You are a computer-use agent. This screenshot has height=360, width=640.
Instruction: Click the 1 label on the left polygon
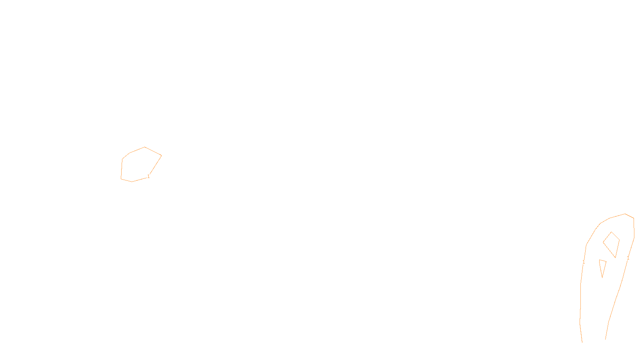click(148, 176)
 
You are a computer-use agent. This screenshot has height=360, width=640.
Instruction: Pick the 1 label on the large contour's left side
click(584, 262)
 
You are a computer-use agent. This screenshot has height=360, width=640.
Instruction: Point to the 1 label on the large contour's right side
click(628, 258)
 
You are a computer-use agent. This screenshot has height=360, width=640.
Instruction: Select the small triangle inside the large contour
click(602, 266)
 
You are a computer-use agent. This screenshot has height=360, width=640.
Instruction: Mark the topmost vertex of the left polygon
click(145, 147)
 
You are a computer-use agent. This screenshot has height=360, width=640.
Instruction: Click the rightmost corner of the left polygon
click(161, 155)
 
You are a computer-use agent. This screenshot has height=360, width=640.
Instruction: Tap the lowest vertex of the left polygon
click(132, 182)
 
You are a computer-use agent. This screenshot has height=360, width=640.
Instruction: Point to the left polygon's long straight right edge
click(155, 165)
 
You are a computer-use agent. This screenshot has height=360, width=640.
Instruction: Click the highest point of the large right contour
click(625, 214)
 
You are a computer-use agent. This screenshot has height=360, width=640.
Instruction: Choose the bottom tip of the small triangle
click(602, 277)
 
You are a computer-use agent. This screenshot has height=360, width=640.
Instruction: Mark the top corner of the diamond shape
click(612, 232)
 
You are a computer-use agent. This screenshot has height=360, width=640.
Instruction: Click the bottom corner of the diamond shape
click(616, 258)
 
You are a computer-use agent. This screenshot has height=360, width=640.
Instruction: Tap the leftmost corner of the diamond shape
click(603, 242)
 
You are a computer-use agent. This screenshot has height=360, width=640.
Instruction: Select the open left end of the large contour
click(582, 342)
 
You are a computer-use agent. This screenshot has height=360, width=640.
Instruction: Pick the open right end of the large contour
click(606, 339)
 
